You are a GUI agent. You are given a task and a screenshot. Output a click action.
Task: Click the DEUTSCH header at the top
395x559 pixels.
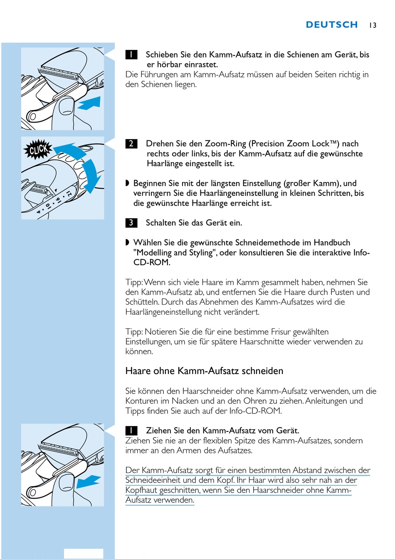coord(331,25)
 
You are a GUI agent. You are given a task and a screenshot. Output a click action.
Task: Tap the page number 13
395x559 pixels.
coord(373,25)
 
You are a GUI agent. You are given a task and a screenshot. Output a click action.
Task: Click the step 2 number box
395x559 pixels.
coord(131,144)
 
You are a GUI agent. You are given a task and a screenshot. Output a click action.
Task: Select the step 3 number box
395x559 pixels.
coord(131,223)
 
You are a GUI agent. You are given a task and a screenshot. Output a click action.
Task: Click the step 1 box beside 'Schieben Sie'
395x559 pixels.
coord(131,54)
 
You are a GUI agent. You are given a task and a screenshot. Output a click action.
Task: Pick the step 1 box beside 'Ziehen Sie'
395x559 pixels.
coord(131,431)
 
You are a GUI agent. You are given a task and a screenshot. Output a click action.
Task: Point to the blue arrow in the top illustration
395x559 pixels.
coord(90,103)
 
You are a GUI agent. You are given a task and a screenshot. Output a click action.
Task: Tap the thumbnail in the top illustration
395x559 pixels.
coord(67,106)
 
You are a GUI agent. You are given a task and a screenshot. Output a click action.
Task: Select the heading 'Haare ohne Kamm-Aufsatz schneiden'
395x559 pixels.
coord(204,371)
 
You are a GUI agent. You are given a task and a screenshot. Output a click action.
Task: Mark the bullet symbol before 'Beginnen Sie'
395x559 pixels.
coord(128,183)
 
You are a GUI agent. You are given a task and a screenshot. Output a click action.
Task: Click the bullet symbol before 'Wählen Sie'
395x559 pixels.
coord(128,243)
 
